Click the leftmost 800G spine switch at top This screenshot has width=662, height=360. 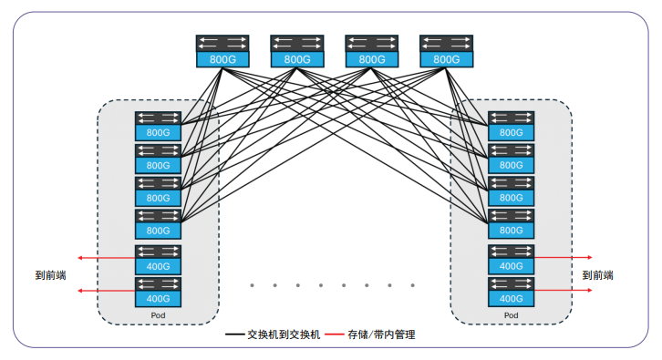pyautogui.click(x=222, y=50)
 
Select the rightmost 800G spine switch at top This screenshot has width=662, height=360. pyautogui.click(x=446, y=50)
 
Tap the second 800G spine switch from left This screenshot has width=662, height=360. pyautogui.click(x=297, y=50)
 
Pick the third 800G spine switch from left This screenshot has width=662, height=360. pyautogui.click(x=371, y=50)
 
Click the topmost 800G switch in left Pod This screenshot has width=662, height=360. pyautogui.click(x=158, y=125)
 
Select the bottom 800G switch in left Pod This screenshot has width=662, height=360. pyautogui.click(x=158, y=223)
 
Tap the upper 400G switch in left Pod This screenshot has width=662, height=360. pyautogui.click(x=158, y=259)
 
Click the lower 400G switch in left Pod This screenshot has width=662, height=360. pyautogui.click(x=158, y=291)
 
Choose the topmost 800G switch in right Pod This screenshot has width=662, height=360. pyautogui.click(x=511, y=125)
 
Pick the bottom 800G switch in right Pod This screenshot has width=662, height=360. pyautogui.click(x=511, y=223)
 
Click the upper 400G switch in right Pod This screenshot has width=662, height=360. pyautogui.click(x=511, y=259)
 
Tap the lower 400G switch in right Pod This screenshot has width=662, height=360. pyautogui.click(x=511, y=291)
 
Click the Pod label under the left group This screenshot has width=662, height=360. pyautogui.click(x=158, y=314)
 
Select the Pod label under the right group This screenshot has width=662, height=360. pyautogui.click(x=511, y=314)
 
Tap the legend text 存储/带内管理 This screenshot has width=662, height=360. pyautogui.click(x=382, y=335)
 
